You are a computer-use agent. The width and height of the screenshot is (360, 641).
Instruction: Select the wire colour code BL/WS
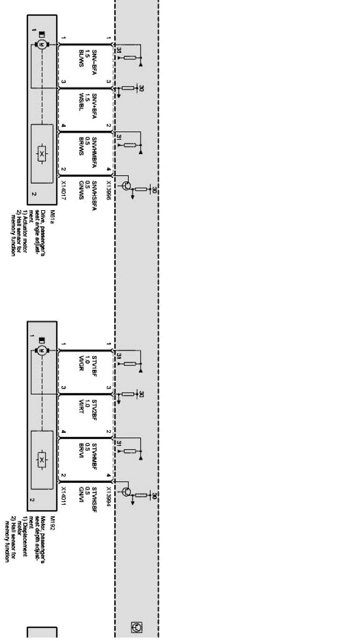tap(81, 56)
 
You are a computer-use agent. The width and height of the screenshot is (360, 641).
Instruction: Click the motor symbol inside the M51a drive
tap(42, 45)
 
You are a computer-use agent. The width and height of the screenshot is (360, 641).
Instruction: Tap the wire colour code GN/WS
tap(81, 190)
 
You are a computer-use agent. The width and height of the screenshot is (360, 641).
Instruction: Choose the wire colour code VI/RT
tap(81, 407)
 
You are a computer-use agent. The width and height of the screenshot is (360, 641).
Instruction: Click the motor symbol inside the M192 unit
tap(42, 350)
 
